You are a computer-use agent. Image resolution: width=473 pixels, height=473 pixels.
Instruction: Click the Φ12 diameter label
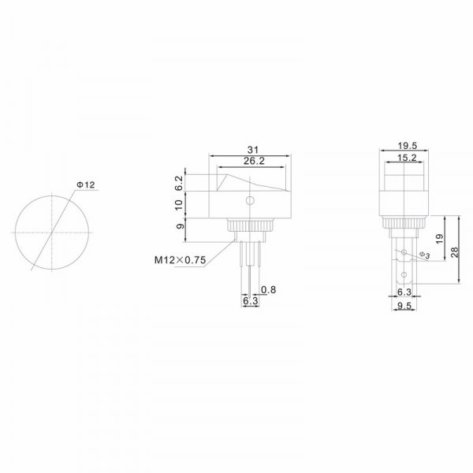point(86,184)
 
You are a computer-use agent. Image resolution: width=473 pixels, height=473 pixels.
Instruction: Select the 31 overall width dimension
point(253,150)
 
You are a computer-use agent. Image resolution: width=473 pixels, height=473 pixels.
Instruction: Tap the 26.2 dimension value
point(254,161)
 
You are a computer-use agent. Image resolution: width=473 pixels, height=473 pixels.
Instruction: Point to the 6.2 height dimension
point(179,183)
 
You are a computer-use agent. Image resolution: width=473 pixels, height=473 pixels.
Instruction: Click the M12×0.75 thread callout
point(180,259)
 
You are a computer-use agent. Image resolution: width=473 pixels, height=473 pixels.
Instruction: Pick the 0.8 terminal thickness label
point(269,289)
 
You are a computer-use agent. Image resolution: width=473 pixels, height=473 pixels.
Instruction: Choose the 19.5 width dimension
point(407,146)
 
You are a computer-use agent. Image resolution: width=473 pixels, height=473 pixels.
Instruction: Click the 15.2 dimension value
point(407,158)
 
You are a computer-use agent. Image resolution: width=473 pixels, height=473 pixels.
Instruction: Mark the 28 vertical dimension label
point(454,252)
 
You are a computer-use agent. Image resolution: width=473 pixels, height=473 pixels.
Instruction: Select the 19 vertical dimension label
point(440,239)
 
